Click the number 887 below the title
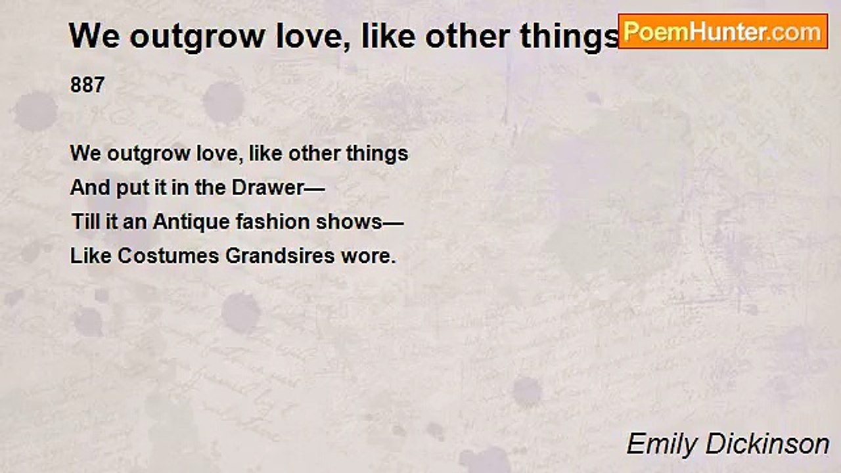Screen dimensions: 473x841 pos(87,85)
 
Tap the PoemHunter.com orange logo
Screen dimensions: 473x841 pos(723,32)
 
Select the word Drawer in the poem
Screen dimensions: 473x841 pos(269,188)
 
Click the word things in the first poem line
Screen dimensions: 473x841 pos(377,154)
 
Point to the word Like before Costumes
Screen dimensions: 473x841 pos(91,256)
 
